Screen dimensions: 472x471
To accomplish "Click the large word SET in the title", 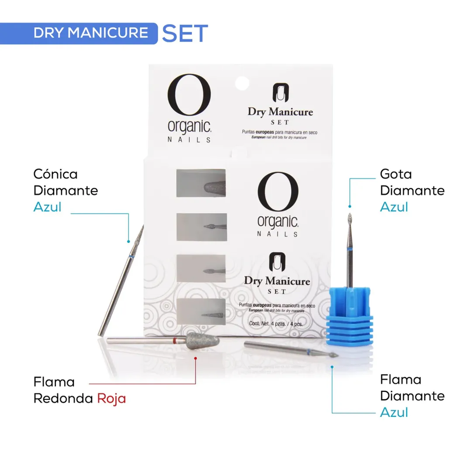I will [x=185, y=34].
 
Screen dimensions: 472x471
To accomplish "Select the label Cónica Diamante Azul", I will [x=65, y=191].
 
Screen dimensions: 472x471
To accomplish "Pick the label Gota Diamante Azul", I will [x=412, y=191].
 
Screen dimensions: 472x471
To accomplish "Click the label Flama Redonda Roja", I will [x=79, y=390].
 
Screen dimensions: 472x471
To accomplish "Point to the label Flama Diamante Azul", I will [x=412, y=396].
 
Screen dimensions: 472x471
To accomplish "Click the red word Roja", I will [x=111, y=399].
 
